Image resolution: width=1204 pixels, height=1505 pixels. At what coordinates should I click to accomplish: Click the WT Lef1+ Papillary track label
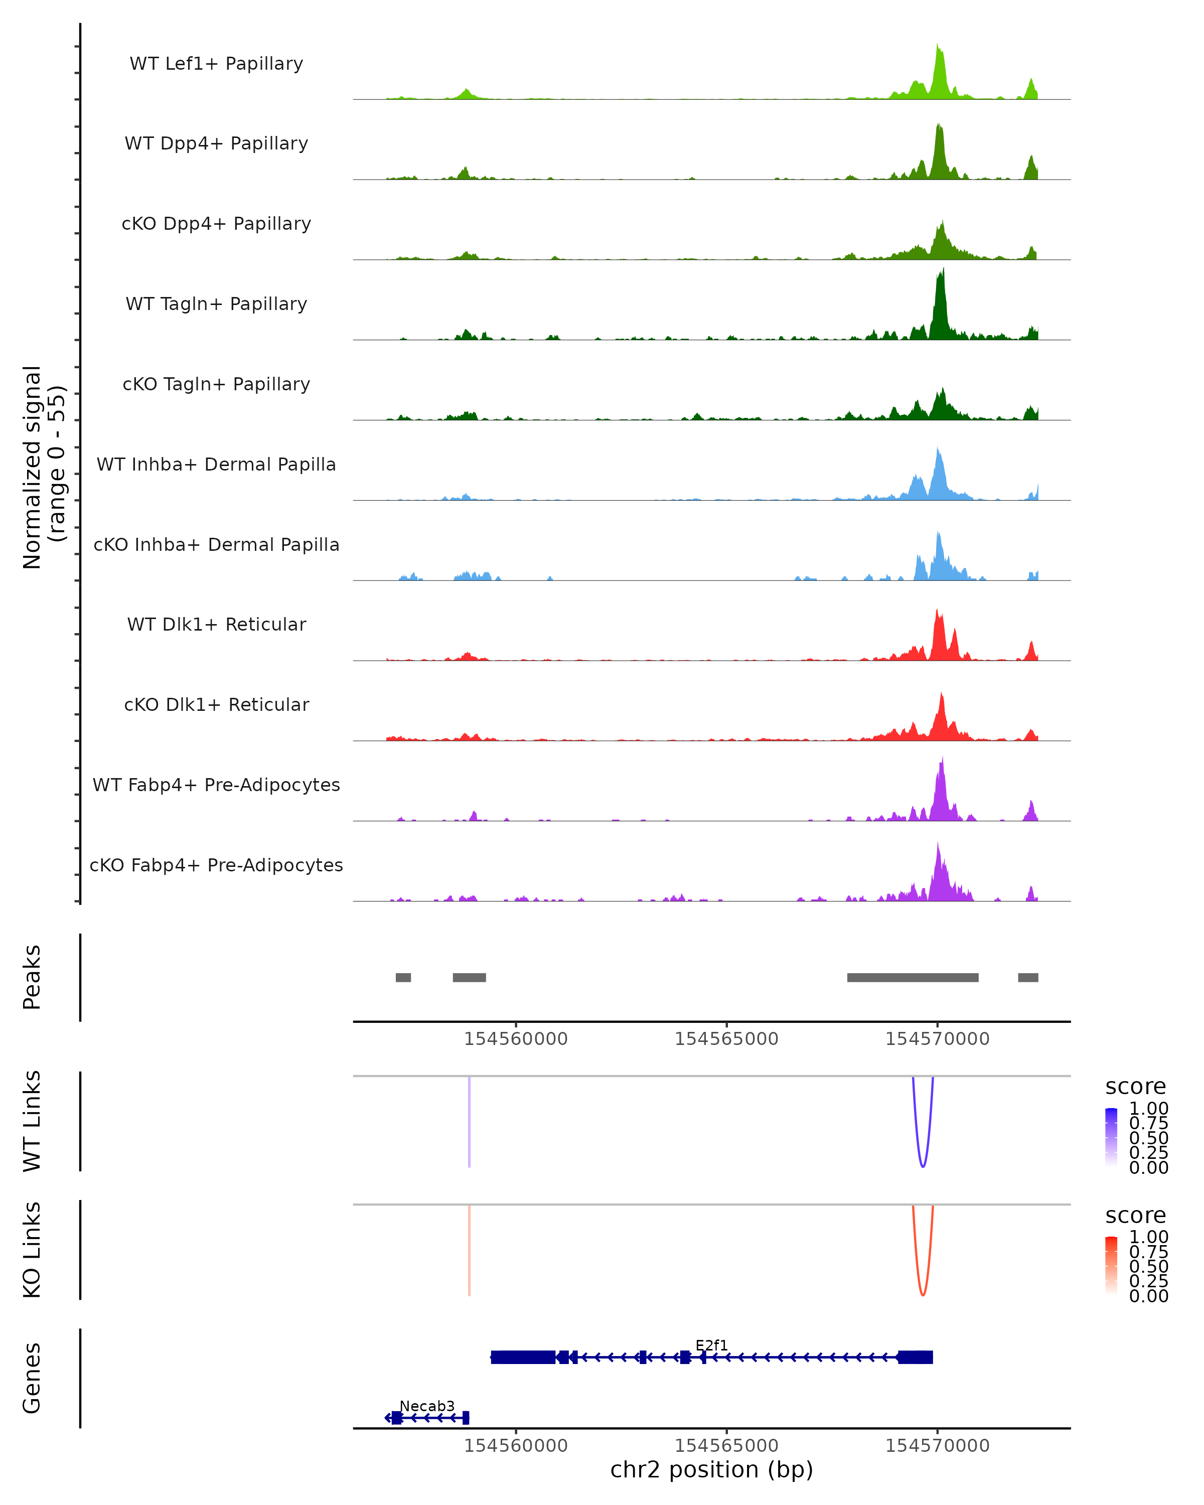216,64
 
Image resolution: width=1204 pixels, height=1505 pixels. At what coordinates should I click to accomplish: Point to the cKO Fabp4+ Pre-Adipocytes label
216,865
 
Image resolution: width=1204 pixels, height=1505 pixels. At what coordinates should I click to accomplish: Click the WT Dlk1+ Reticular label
216,625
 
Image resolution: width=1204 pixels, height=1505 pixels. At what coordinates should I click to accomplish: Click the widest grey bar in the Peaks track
912,977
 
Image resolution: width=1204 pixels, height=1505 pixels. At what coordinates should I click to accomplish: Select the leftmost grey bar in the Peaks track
403,977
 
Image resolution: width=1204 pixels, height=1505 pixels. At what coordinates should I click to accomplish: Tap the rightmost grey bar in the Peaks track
1027,977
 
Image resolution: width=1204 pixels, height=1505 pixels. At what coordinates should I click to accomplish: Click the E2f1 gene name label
711,1345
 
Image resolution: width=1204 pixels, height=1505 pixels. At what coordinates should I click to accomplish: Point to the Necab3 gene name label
426,1406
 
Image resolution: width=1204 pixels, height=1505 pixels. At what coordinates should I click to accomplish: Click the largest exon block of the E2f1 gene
523,1357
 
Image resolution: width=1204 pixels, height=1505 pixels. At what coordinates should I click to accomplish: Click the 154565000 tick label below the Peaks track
726,1039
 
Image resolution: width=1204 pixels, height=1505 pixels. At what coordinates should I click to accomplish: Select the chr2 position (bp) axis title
711,1470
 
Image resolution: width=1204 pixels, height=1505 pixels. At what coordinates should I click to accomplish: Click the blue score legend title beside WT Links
1135,1087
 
